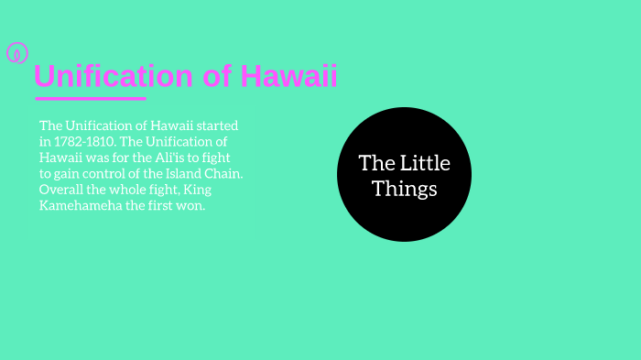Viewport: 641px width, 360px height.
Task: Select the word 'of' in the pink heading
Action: (x=217, y=77)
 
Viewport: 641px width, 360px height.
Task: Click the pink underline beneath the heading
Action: (x=90, y=98)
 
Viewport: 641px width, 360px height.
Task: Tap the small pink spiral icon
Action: (x=17, y=53)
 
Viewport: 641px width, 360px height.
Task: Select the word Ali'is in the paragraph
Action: (x=173, y=158)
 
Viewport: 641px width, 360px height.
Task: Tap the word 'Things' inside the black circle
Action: (x=405, y=190)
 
